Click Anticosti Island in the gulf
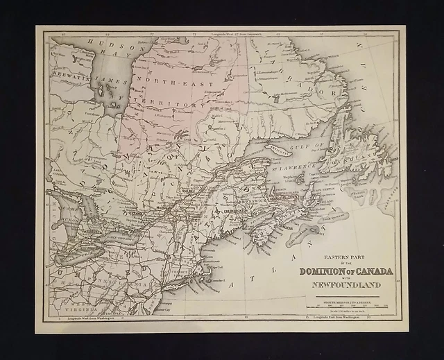coord(279,148)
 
